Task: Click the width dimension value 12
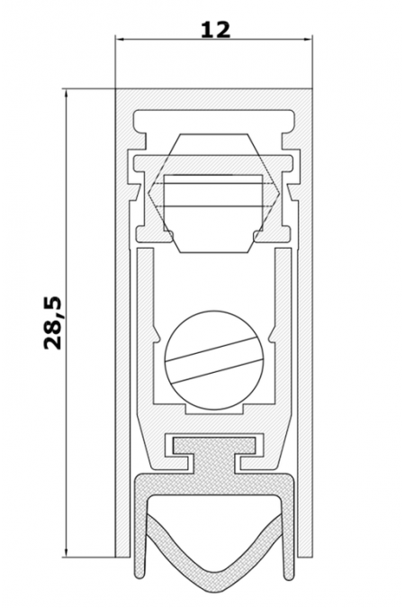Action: click(x=215, y=30)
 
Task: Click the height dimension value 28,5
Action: click(x=53, y=323)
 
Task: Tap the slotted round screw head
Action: click(x=214, y=360)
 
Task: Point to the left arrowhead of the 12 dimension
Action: click(x=119, y=39)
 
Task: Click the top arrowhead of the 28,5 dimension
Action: click(x=67, y=93)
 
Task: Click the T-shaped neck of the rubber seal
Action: click(x=214, y=456)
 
